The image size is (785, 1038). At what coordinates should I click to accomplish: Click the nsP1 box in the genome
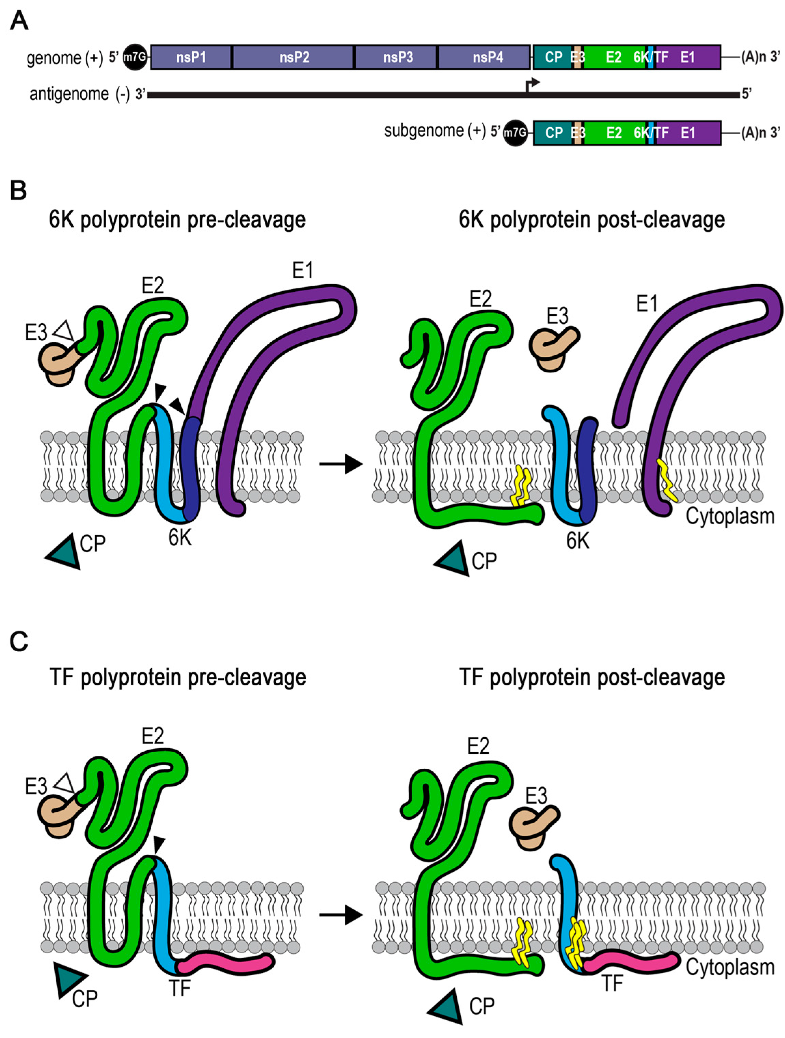point(191,57)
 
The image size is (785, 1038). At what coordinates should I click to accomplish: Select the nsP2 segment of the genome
point(294,57)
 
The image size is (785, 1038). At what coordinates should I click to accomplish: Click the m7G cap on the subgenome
point(515,133)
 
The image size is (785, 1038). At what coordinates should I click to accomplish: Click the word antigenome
point(69,94)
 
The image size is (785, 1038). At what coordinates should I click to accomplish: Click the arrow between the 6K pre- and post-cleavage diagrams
point(341,465)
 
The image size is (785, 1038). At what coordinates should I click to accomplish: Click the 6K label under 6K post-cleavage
point(578,541)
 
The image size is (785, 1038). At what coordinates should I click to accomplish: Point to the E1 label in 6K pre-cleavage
point(302,271)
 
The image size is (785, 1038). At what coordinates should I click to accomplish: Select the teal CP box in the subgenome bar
point(553,133)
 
